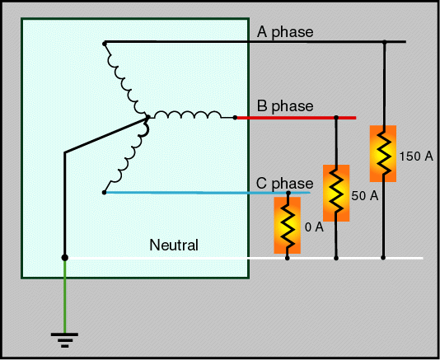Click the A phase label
point(285,32)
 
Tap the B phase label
point(285,106)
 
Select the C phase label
point(284,184)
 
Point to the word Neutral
point(174,245)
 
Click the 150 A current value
point(416,157)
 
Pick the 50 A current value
point(365,195)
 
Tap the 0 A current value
point(314,227)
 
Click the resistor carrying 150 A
point(383,153)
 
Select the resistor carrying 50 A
point(336,193)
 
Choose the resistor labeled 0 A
point(288,226)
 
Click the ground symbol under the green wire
point(64,340)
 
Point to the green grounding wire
point(65,297)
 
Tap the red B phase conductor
point(297,118)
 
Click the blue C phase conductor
point(208,193)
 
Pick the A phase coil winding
point(126,80)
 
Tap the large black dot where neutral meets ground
point(65,258)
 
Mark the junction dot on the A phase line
point(385,42)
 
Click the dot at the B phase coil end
point(235,118)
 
